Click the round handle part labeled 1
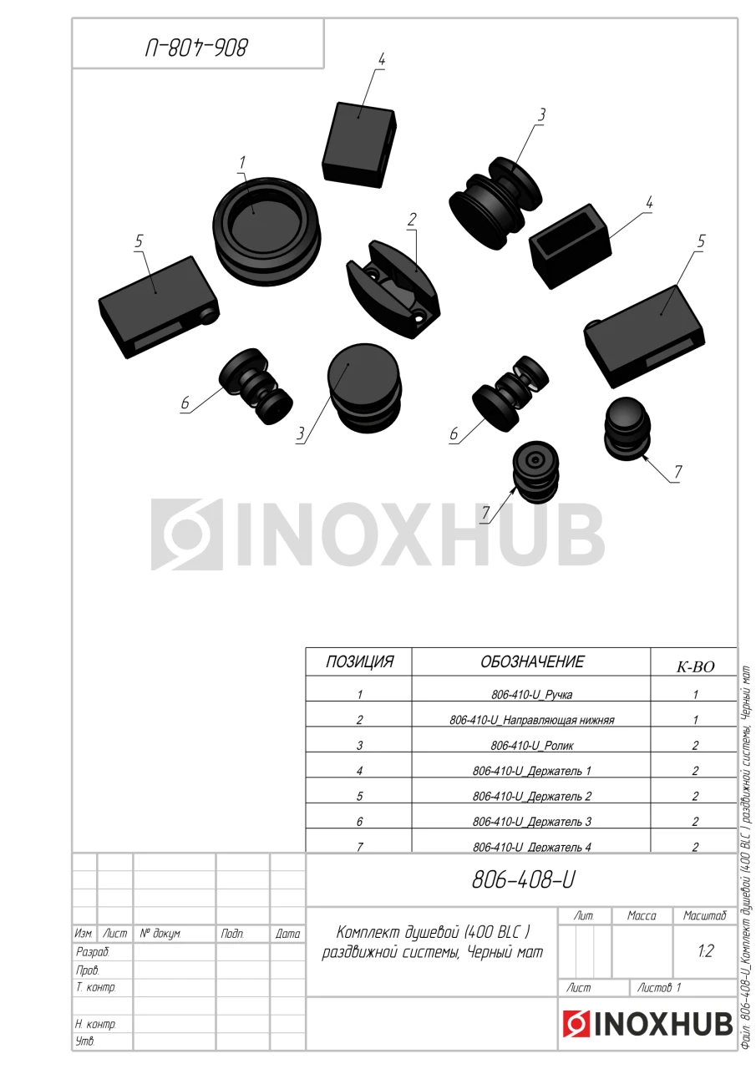click(266, 231)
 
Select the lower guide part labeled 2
click(393, 290)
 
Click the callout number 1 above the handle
click(242, 162)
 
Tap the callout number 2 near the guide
click(411, 220)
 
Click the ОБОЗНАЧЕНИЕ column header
click(531, 661)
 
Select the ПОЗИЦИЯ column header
click(359, 661)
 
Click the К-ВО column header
click(695, 666)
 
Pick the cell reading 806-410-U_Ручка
click(531, 694)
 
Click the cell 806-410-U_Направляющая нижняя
click(531, 720)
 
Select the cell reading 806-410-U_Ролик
click(531, 745)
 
